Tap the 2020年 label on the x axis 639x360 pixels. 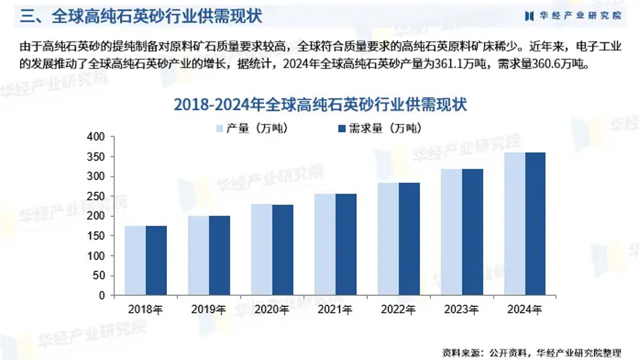click(272, 310)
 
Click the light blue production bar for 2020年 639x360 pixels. click(261, 249)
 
